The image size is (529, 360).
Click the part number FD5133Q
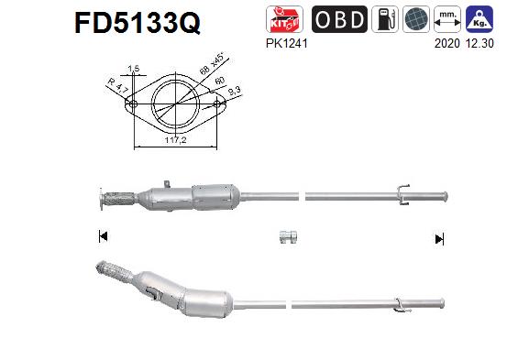click(x=137, y=23)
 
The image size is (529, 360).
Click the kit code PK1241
click(x=286, y=42)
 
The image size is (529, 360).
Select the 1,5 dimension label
click(x=134, y=70)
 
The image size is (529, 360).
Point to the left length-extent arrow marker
click(x=103, y=237)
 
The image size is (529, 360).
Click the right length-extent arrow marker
click(x=438, y=238)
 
